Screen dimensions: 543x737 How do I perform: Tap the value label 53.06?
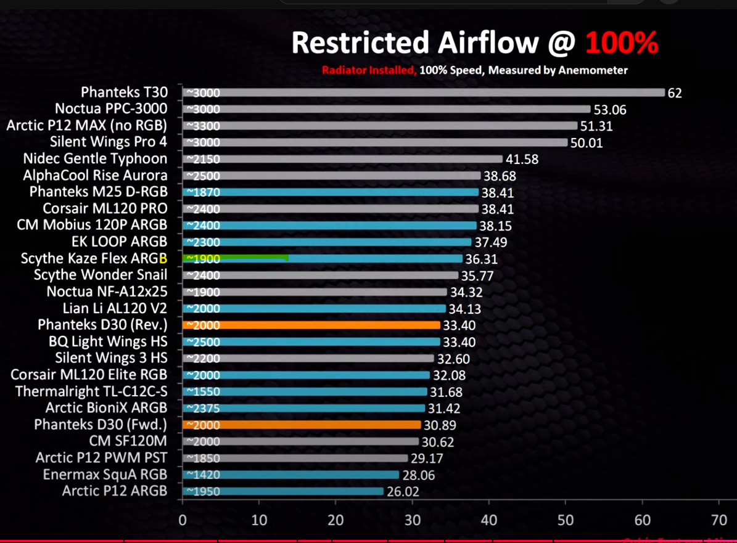point(609,110)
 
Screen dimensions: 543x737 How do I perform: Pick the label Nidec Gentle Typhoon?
point(95,159)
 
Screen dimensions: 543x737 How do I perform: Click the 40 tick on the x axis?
point(489,519)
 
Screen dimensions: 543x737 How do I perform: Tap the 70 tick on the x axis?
point(718,519)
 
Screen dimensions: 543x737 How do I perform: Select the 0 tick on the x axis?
point(182,519)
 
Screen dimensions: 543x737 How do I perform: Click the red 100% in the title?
point(622,43)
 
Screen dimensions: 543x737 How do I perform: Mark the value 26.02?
point(403,492)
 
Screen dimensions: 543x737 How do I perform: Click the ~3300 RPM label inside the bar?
point(203,126)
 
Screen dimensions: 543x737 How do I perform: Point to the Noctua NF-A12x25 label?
point(107,292)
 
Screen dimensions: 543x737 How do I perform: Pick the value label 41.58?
point(522,160)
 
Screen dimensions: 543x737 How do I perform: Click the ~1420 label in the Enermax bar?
point(203,475)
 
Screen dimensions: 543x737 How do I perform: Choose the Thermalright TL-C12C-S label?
point(91,391)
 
